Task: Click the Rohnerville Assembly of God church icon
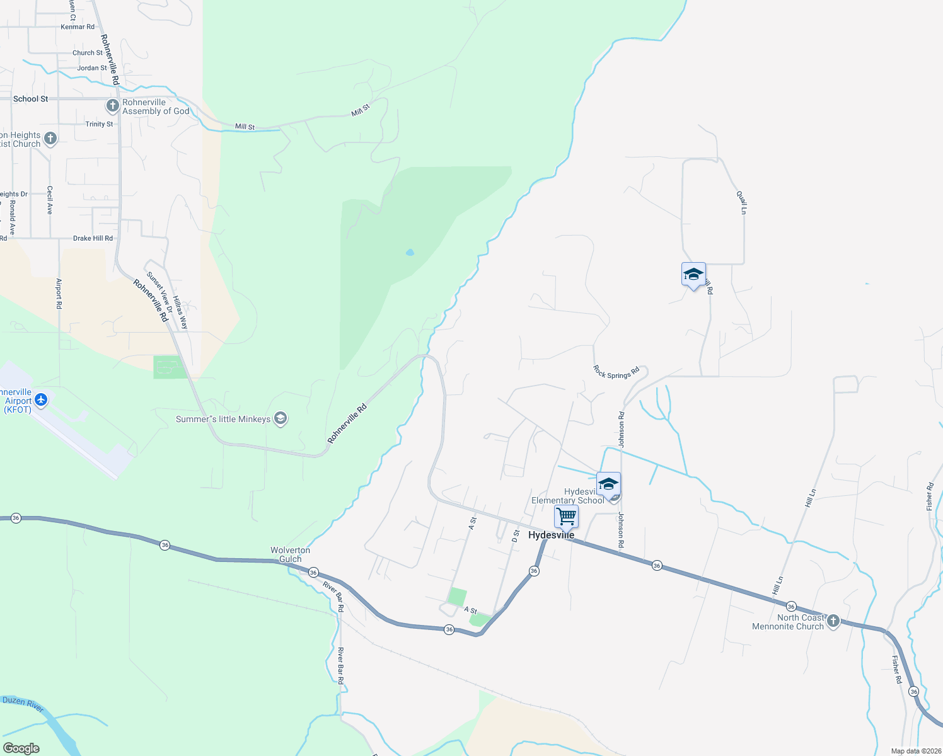[x=113, y=105]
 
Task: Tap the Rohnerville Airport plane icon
[x=41, y=399]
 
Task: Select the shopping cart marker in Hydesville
[x=566, y=517]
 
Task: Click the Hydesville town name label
[x=551, y=535]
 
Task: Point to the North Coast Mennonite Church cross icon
[x=833, y=621]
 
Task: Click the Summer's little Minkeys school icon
[x=281, y=419]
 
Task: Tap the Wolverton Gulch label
[x=290, y=554]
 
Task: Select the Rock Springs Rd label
[x=616, y=372]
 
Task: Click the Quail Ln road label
[x=742, y=202]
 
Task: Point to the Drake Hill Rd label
[x=93, y=238]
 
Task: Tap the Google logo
[x=21, y=748]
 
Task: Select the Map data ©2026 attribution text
[x=916, y=751]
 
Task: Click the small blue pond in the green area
[x=410, y=253]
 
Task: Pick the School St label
[x=30, y=99]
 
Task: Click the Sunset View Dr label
[x=159, y=292]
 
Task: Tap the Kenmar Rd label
[x=78, y=27]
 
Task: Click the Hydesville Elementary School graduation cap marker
[x=608, y=484]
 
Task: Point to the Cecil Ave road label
[x=50, y=200]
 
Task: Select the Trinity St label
[x=100, y=124]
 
